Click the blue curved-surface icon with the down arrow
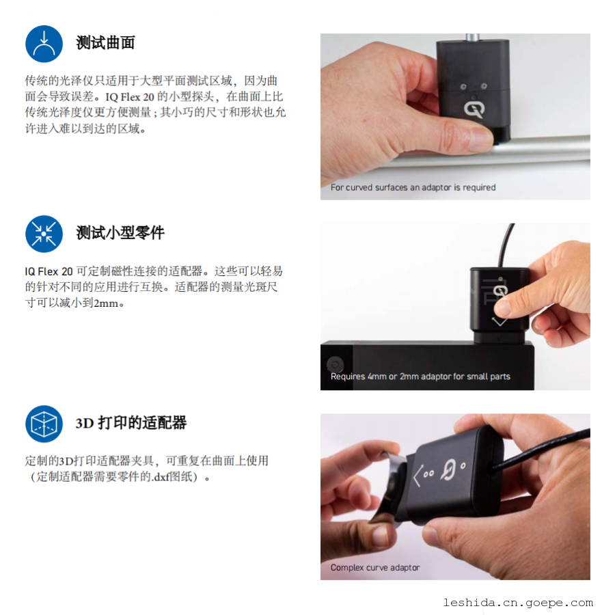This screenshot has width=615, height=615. pos(44,44)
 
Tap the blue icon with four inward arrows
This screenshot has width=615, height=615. pos(44,234)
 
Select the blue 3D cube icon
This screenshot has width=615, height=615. pos(44,424)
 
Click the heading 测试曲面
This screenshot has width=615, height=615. pos(105,43)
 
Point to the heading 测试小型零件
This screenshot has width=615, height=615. pos(120,232)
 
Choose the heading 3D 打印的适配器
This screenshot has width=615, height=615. pos(131,423)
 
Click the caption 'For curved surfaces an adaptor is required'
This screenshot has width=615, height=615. pos(413,187)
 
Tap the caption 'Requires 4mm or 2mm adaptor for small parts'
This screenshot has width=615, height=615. pos(420,377)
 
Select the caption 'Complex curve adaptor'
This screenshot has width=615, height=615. pos(375,568)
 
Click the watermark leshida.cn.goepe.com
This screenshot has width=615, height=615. pos(518,603)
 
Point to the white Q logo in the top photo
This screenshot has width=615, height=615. pos(474,109)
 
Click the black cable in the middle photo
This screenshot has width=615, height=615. pos(505,246)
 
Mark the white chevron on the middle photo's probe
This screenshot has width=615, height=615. pos(500,322)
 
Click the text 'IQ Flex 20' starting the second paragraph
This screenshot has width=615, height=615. pos(49,271)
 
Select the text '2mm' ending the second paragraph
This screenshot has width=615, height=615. pos(106,303)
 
